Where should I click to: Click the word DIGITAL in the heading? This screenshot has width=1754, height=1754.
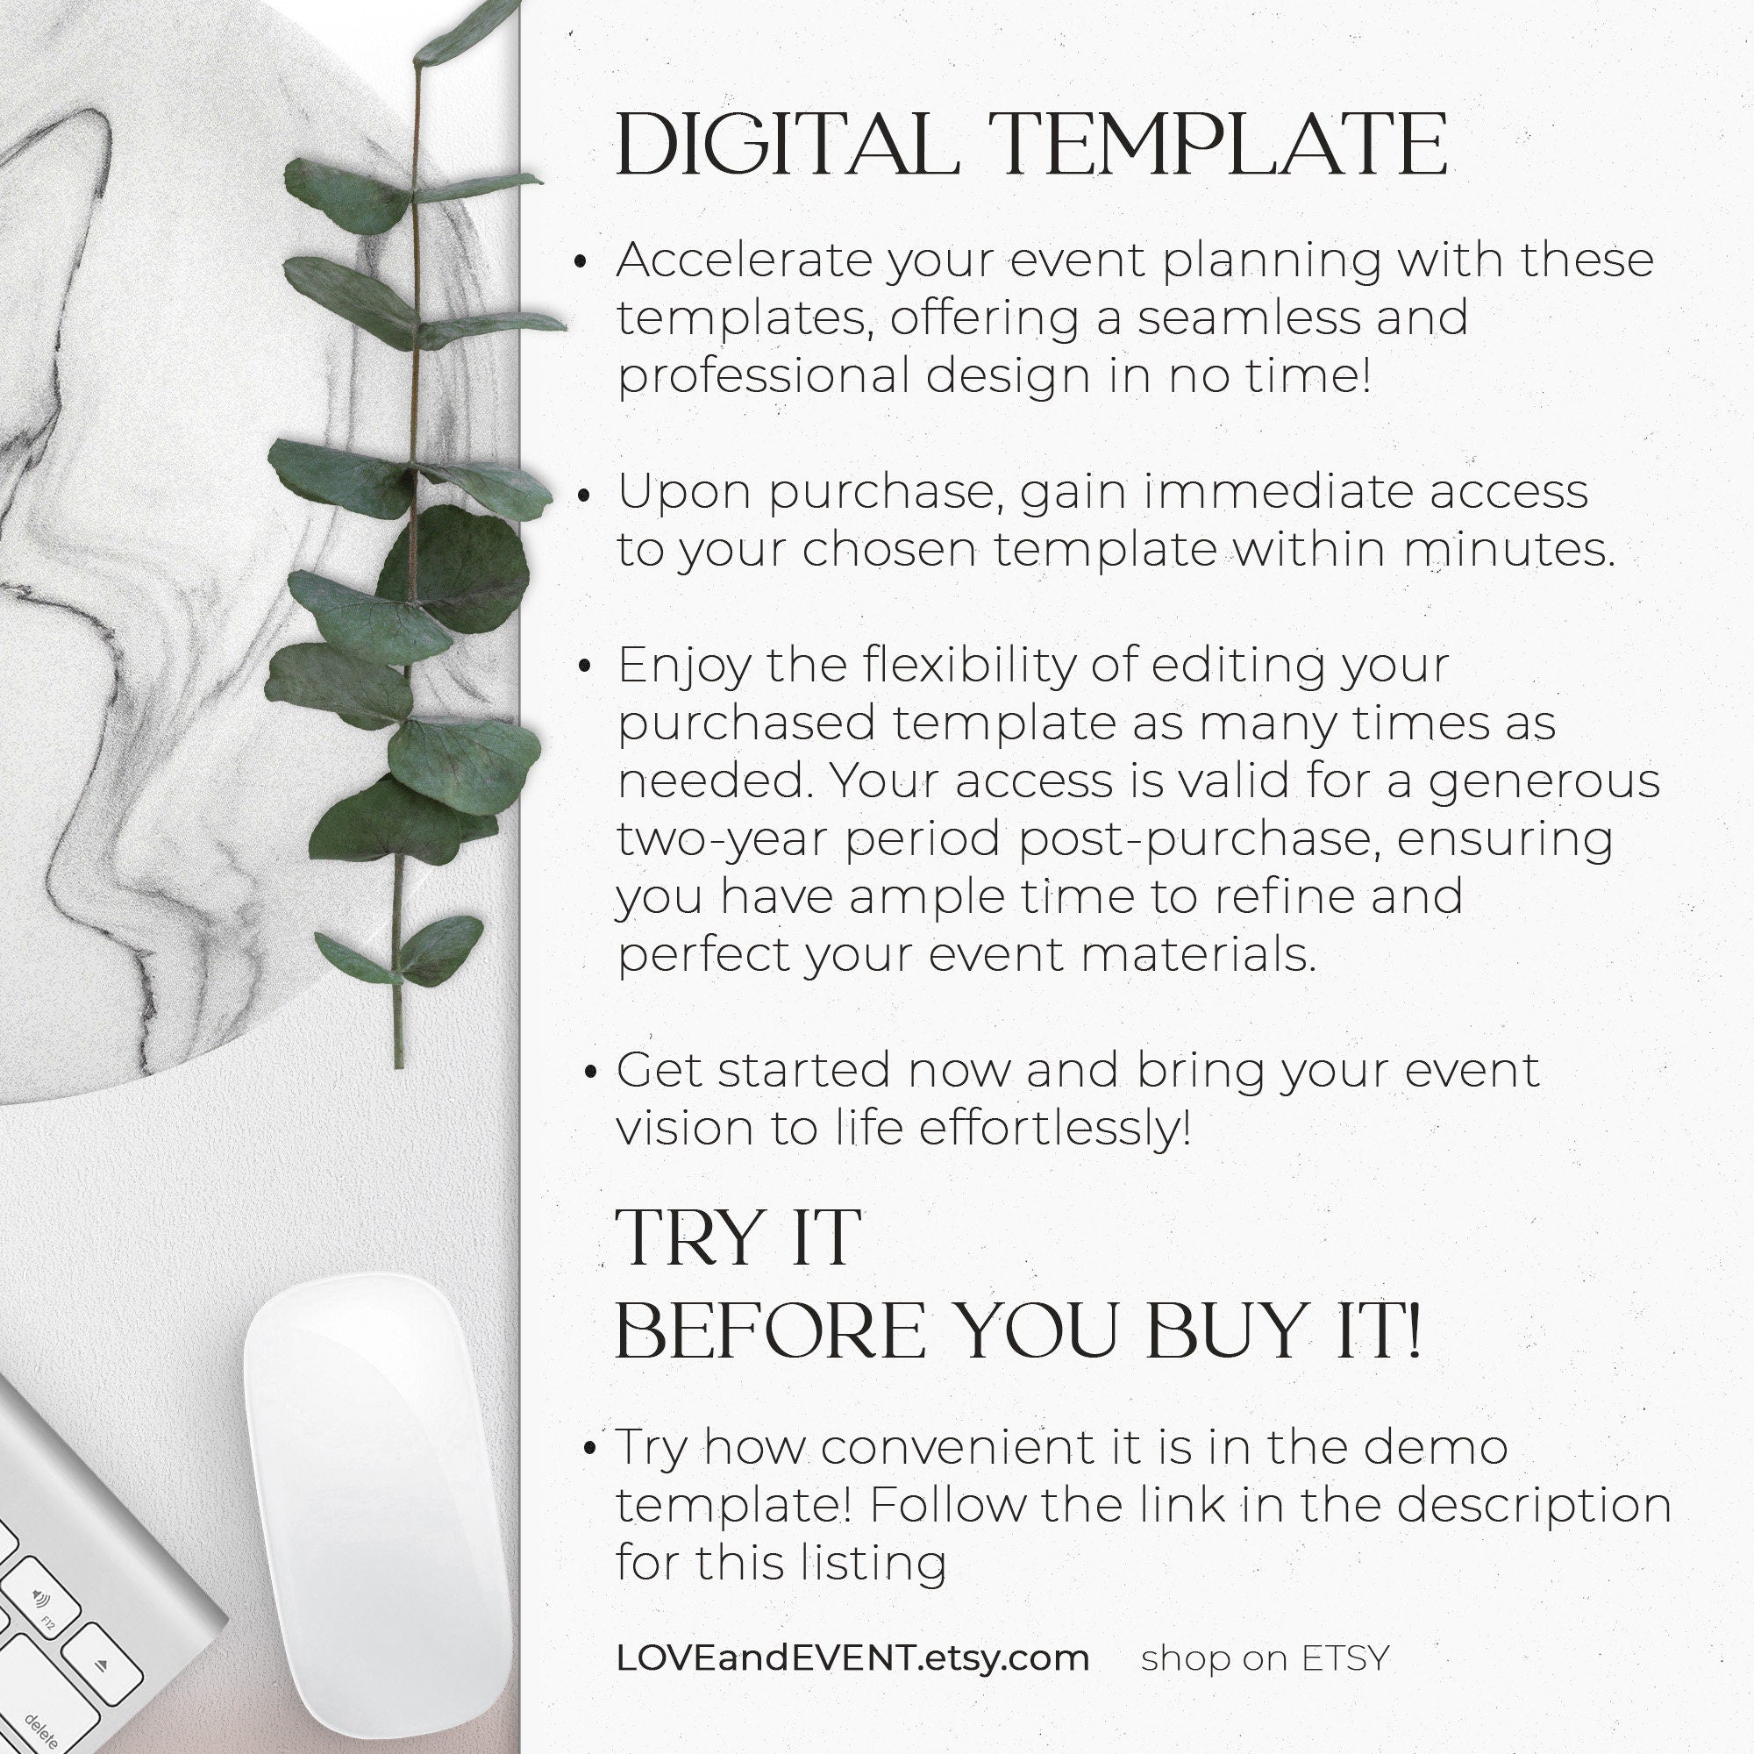(x=786, y=145)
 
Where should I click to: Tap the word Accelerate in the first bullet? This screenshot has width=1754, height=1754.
(x=745, y=260)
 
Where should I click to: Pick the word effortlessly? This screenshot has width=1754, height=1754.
(x=1055, y=1130)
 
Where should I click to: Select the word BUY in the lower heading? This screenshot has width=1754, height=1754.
(x=1220, y=1332)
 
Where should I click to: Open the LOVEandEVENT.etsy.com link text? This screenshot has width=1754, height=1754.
(x=852, y=1658)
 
